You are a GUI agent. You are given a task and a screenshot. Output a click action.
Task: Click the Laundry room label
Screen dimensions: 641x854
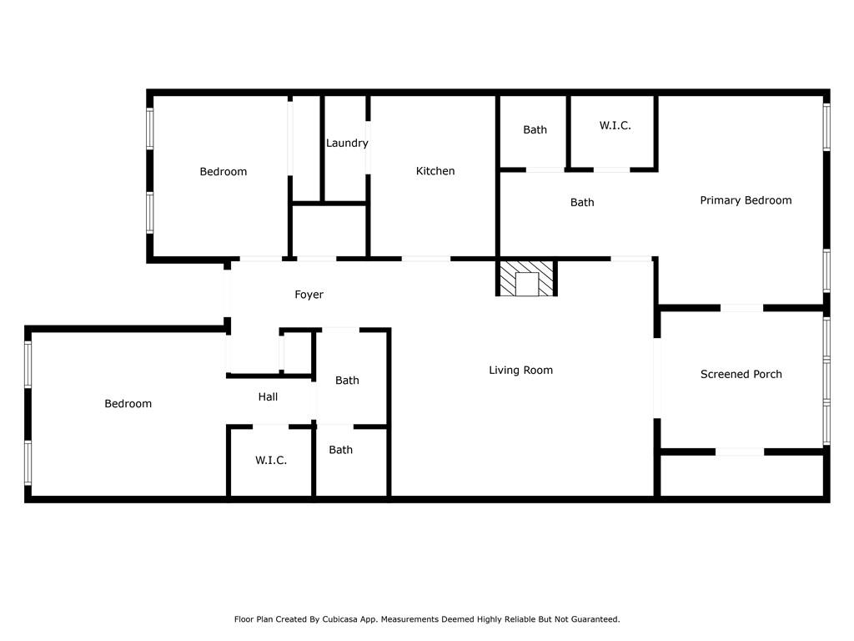(347, 144)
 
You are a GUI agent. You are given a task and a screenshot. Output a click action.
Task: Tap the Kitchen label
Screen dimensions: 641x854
(435, 171)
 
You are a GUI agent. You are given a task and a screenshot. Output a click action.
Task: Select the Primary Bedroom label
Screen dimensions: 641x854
(746, 200)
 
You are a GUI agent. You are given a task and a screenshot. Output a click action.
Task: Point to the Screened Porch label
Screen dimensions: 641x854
(741, 375)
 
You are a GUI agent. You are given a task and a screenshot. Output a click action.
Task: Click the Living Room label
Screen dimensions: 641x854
(520, 371)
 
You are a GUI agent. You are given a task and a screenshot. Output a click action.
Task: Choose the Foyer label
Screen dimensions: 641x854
(309, 295)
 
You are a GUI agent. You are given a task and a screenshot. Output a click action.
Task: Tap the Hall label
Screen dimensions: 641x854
(268, 397)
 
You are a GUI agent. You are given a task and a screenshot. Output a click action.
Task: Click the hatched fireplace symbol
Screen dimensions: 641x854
(526, 279)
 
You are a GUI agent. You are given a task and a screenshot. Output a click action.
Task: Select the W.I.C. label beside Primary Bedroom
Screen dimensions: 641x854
(615, 126)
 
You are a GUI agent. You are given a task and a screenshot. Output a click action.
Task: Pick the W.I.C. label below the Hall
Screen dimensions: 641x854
(271, 461)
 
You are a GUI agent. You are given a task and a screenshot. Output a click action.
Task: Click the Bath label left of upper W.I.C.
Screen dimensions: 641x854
(535, 130)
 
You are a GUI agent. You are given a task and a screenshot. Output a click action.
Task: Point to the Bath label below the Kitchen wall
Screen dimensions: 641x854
(582, 203)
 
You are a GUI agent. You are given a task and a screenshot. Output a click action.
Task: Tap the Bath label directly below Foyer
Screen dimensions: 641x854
(347, 381)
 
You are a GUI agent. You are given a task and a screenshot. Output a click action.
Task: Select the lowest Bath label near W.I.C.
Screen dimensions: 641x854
(340, 450)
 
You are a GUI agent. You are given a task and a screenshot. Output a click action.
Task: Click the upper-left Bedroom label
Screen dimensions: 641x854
(223, 172)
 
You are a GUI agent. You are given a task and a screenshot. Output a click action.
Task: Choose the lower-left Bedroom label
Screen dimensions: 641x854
(128, 404)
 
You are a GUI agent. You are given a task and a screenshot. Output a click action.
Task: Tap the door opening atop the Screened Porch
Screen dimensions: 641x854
(741, 308)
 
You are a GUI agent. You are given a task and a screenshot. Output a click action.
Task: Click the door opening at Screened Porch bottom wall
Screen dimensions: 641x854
(740, 452)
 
